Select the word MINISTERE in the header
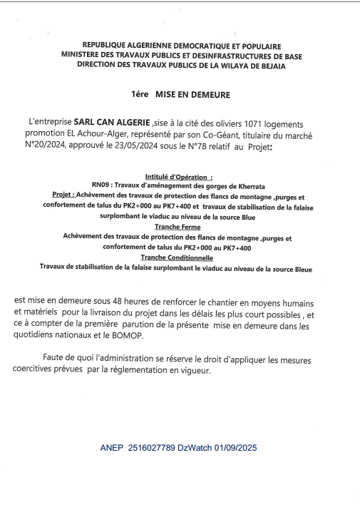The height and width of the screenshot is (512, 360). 81,54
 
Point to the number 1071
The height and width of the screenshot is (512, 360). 272,123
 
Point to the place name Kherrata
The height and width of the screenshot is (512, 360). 252,185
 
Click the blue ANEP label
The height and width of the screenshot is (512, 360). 112,449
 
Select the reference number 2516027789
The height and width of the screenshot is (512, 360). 151,449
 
